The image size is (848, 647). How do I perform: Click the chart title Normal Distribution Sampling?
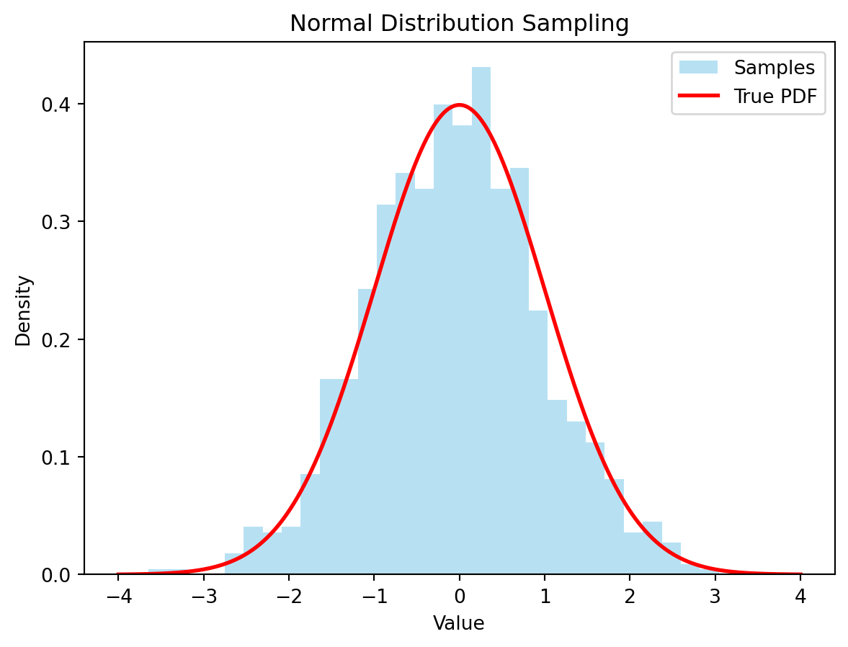(459, 24)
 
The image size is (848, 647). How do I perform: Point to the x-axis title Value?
(459, 623)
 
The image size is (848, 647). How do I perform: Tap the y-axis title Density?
(24, 310)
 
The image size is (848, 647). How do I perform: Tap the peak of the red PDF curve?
(460, 104)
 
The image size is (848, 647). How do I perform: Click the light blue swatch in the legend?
(698, 68)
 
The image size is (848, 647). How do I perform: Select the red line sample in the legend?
(698, 97)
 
